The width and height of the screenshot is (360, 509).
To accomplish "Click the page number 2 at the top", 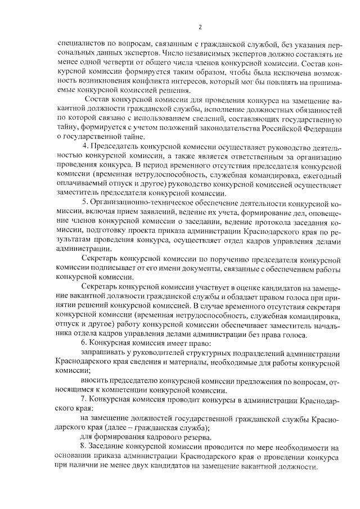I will [200, 27].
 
